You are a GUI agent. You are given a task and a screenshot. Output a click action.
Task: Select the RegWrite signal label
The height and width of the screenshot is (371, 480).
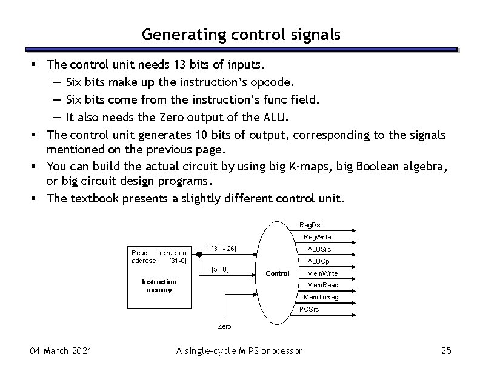click(318, 237)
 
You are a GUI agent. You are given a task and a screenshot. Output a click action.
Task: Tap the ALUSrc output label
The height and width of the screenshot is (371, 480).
click(319, 249)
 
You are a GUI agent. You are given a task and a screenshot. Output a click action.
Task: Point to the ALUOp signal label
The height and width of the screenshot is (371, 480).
click(318, 261)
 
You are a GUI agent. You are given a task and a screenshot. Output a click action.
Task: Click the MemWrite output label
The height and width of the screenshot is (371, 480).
click(322, 273)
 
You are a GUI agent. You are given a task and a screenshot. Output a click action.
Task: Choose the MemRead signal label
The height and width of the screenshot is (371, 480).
click(322, 285)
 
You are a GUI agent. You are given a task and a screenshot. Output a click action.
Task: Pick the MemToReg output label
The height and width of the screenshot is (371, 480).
click(321, 297)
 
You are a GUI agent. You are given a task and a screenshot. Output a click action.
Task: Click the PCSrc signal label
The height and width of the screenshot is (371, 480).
click(309, 309)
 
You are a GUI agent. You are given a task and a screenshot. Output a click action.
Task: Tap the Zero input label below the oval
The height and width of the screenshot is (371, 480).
click(224, 326)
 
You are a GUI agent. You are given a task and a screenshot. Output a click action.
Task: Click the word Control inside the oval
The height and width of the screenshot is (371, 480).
click(278, 273)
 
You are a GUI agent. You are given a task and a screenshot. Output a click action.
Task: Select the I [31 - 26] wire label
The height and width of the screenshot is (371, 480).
click(221, 249)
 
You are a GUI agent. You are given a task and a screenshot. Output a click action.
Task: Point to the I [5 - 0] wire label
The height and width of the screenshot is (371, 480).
click(218, 269)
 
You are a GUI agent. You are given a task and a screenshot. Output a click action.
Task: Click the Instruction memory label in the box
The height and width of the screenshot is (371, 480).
click(159, 286)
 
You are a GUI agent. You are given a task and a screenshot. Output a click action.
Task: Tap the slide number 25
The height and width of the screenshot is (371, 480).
click(447, 350)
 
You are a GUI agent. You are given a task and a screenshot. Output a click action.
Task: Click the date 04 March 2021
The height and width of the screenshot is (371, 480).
click(61, 350)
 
